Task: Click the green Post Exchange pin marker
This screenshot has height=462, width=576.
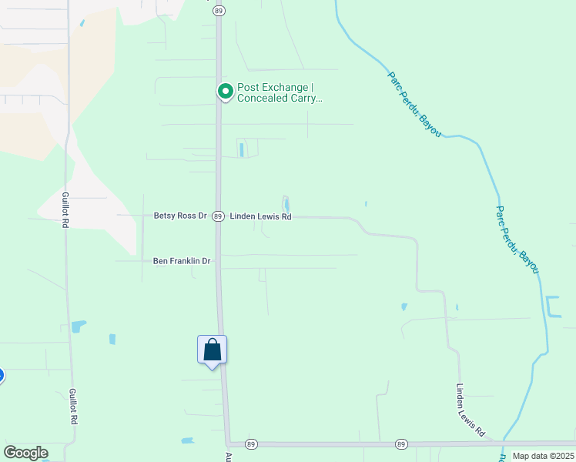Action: pyautogui.click(x=226, y=92)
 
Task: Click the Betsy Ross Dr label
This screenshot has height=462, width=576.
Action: pyautogui.click(x=180, y=216)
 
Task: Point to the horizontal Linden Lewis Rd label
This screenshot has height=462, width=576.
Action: pyautogui.click(x=260, y=217)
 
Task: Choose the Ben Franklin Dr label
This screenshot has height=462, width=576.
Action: pyautogui.click(x=182, y=261)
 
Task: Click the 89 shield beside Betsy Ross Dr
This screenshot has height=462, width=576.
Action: pyautogui.click(x=219, y=216)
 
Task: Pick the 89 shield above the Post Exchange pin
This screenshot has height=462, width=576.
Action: pyautogui.click(x=219, y=10)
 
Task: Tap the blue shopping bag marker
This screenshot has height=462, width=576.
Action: pyautogui.click(x=212, y=350)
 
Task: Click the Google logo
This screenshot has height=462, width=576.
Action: pyautogui.click(x=25, y=452)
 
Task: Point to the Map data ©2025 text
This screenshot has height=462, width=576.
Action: pyautogui.click(x=542, y=456)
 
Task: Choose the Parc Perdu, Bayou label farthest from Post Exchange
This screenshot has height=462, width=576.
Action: pyautogui.click(x=517, y=239)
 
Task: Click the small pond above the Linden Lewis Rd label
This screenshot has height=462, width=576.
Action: pyautogui.click(x=286, y=205)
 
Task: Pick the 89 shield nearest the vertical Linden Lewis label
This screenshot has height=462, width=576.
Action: pyautogui.click(x=401, y=444)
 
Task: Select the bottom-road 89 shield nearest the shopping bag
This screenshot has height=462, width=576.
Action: pyautogui.click(x=250, y=444)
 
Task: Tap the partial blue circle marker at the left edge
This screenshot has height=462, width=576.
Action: pyautogui.click(x=2, y=376)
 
